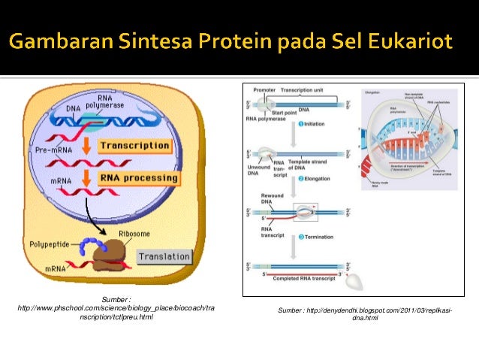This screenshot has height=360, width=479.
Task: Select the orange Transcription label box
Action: tap(134, 145)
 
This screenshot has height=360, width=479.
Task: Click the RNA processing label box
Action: tap(138, 178)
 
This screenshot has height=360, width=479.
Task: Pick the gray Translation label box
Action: tap(164, 257)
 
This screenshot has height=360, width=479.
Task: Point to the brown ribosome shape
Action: tap(109, 253)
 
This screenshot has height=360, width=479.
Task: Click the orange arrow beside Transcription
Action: tap(87, 144)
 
